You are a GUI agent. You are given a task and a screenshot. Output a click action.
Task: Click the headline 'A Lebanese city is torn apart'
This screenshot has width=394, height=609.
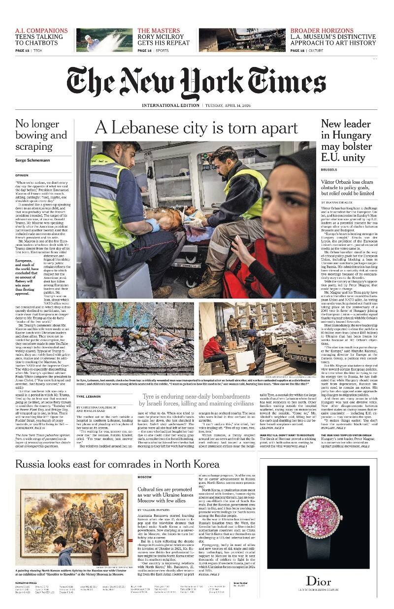click(196, 128)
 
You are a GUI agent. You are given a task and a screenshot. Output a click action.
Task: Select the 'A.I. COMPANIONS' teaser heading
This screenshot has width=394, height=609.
click(41, 31)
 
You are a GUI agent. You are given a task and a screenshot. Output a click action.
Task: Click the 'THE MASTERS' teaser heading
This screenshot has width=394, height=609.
click(159, 31)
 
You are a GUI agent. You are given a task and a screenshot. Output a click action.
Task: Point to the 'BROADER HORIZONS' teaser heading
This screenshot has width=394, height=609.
click(322, 31)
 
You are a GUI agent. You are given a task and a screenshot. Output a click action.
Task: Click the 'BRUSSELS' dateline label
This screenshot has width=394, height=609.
click(329, 169)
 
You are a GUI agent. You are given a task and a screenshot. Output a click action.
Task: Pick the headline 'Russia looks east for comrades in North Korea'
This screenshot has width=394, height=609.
click(117, 464)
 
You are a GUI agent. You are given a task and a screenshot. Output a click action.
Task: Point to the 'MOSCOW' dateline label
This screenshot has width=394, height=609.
click(144, 477)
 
